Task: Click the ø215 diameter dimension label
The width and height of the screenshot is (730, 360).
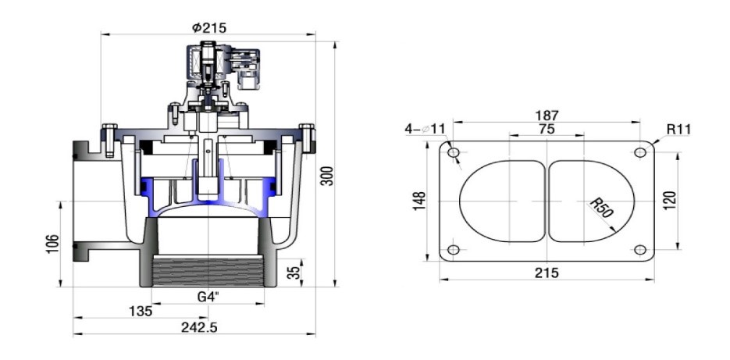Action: click(x=209, y=27)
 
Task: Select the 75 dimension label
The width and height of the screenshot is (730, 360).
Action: click(x=547, y=129)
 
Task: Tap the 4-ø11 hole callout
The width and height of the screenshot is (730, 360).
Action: click(x=425, y=128)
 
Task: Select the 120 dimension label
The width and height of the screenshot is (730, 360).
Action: click(x=669, y=200)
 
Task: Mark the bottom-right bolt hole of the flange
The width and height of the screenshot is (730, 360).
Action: click(x=639, y=250)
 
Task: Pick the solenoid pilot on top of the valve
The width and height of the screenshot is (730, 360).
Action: click(x=209, y=70)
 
